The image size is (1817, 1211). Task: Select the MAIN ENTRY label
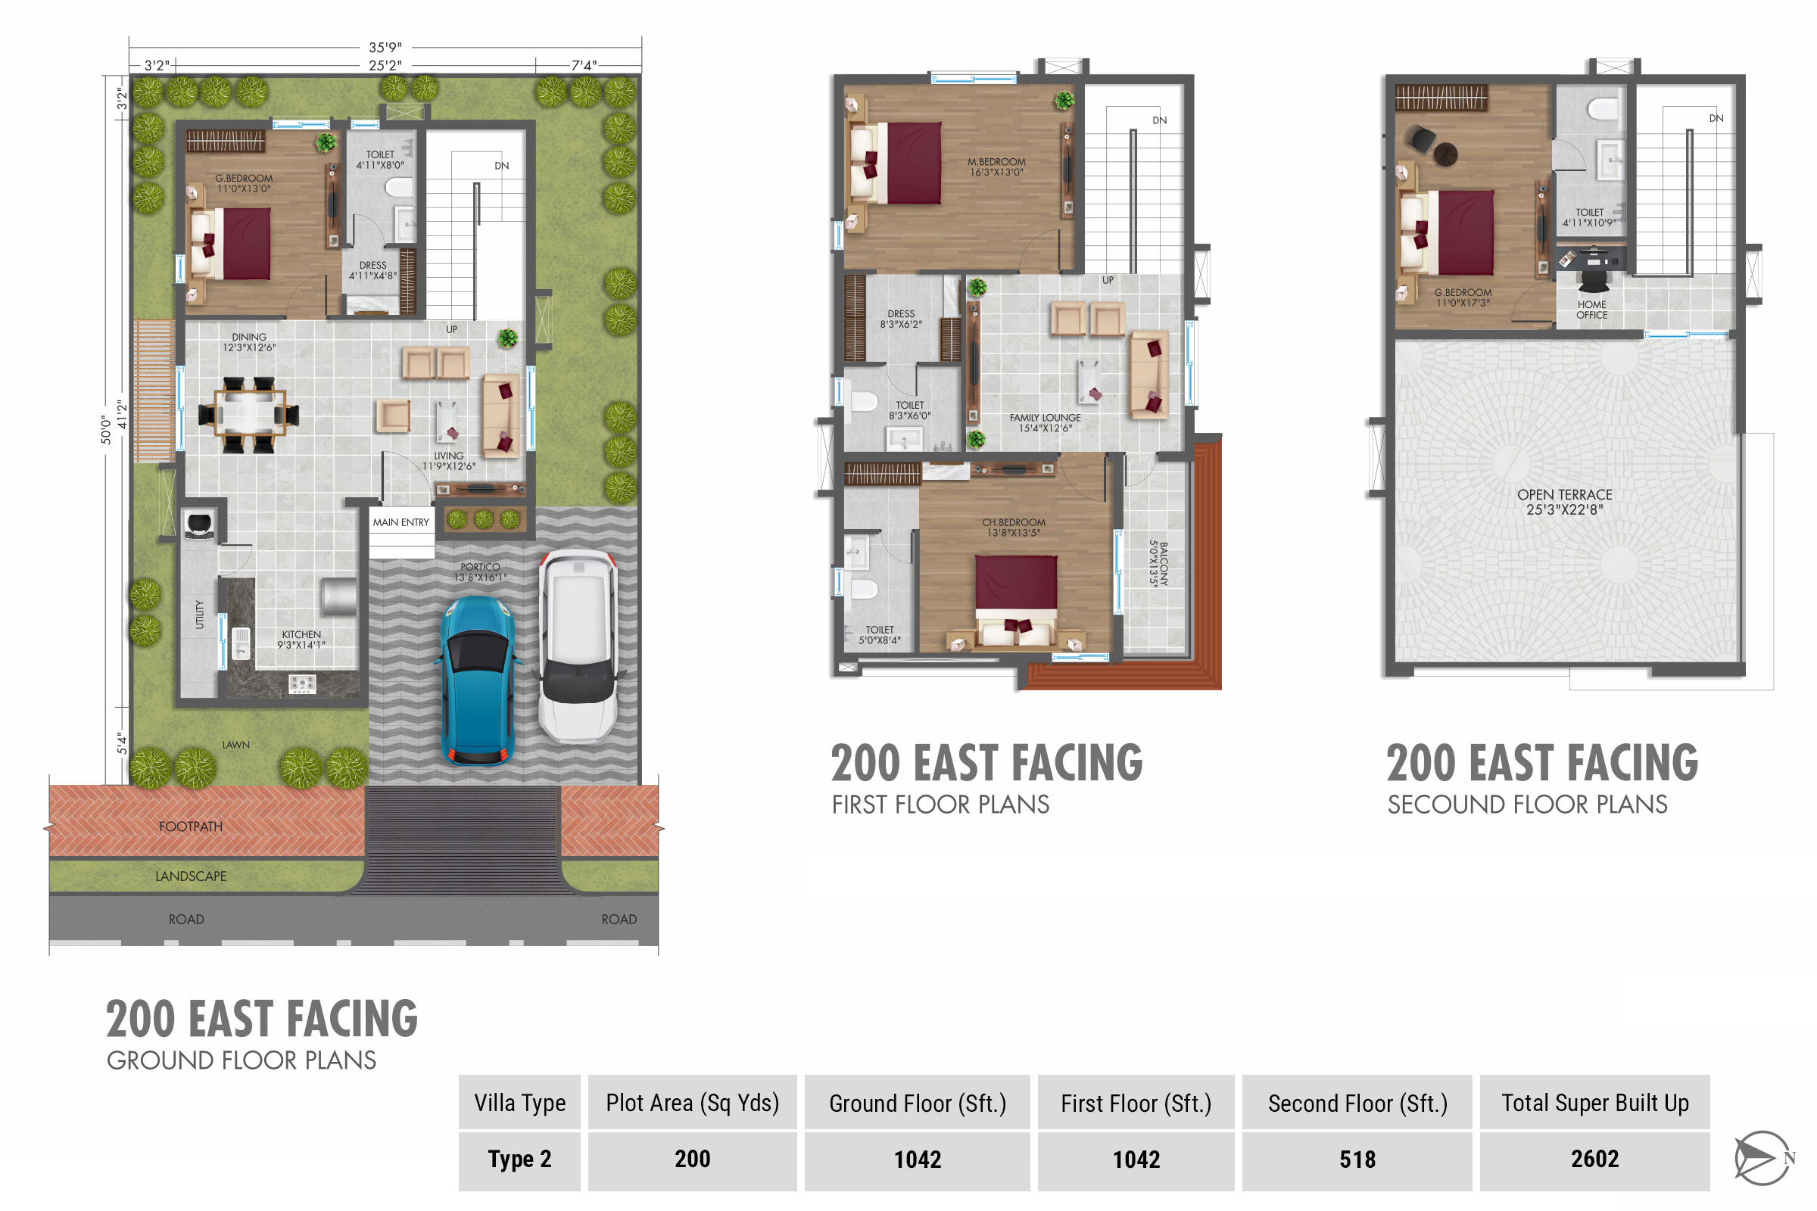tap(401, 522)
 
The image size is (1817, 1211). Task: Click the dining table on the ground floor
tap(249, 414)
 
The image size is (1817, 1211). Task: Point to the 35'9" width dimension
tap(385, 47)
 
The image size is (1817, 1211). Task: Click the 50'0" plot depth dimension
tap(106, 429)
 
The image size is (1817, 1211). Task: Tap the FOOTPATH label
tap(191, 827)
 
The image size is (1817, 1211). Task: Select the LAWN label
tap(235, 745)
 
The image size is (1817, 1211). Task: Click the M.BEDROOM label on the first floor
tap(996, 161)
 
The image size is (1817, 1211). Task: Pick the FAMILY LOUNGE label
tap(1046, 418)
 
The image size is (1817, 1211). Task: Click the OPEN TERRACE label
tap(1564, 495)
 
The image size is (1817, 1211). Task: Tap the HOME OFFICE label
tap(1591, 310)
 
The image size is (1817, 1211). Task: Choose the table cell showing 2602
tap(1594, 1160)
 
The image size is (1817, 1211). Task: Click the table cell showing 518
tap(1357, 1160)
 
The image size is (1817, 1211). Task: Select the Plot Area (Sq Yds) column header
tap(692, 1102)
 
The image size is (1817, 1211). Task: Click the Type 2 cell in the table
tap(519, 1160)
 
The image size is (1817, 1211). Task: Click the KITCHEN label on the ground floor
tap(301, 634)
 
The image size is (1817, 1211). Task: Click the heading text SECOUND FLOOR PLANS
tap(1527, 805)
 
